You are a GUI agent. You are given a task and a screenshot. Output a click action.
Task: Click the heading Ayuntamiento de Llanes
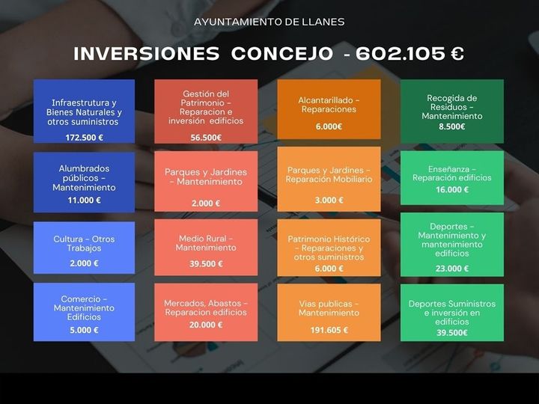[x=269, y=22]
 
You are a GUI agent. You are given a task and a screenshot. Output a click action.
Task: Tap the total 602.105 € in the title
[x=409, y=54]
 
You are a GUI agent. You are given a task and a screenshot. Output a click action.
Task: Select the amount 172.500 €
[x=84, y=138]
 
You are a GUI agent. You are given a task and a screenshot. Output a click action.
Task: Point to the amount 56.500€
[x=206, y=138]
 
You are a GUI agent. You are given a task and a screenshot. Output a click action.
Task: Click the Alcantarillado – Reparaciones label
[x=329, y=105]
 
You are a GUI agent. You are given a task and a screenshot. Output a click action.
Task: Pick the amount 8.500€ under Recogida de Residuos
[x=452, y=127]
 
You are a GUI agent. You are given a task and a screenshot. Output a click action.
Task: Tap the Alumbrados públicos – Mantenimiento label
[x=84, y=178]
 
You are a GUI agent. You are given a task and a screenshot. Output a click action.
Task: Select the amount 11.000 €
[x=84, y=200]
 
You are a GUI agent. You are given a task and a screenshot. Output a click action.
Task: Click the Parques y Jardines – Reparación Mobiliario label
[x=329, y=174]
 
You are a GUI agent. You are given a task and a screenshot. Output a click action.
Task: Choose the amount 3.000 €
[x=329, y=200]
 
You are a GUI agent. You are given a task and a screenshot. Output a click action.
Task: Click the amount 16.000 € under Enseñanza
[x=452, y=190]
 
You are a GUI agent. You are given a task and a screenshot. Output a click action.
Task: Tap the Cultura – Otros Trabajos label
[x=84, y=243]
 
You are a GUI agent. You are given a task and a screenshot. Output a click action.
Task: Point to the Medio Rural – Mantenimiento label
[x=206, y=243]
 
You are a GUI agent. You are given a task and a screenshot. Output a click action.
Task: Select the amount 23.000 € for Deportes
[x=452, y=269]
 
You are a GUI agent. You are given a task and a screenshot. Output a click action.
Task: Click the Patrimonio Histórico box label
[x=329, y=248]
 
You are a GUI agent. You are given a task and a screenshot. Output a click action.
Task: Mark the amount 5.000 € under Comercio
[x=84, y=330]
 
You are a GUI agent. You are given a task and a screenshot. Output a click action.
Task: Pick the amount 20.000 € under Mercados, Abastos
[x=206, y=325]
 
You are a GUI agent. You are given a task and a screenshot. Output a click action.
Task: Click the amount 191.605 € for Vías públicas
[x=329, y=330]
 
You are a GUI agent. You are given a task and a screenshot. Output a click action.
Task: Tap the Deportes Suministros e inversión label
[x=452, y=313]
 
